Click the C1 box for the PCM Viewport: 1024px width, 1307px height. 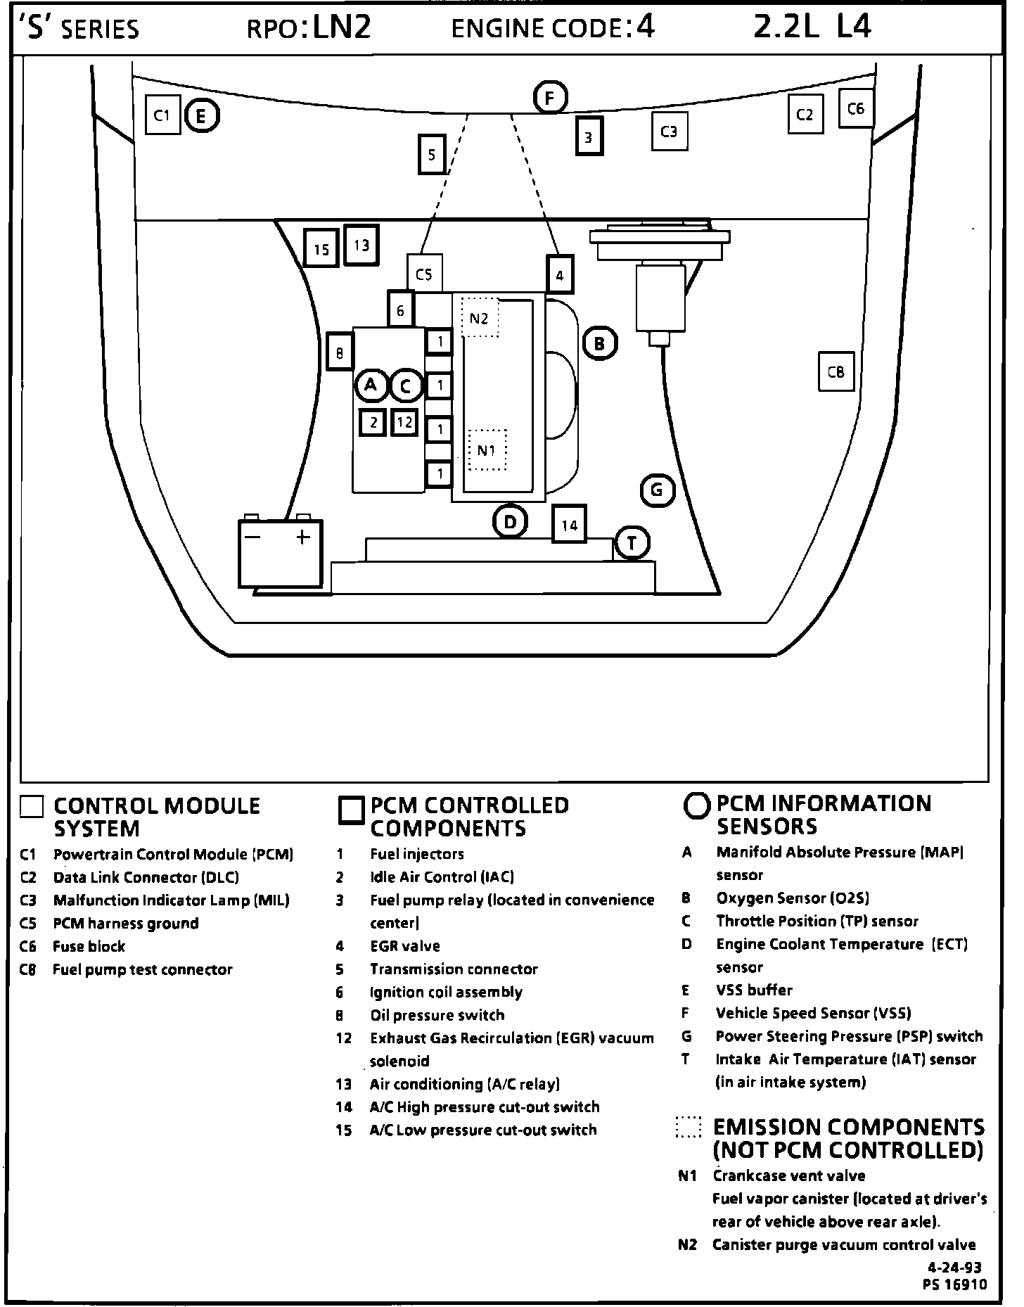162,115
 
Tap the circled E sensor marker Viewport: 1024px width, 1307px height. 202,116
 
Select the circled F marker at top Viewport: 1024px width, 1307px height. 551,98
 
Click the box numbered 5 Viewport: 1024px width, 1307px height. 431,154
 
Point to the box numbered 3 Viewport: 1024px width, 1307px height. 589,136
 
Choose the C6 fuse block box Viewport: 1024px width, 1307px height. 856,108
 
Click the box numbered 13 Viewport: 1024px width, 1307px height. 361,246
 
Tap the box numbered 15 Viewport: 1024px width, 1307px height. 321,249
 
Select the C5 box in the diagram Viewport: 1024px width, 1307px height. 424,274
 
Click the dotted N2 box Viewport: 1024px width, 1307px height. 480,318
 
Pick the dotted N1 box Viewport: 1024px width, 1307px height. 487,450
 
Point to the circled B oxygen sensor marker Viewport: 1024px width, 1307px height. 599,344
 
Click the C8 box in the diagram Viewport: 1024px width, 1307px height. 836,371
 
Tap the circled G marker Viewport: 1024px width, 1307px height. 658,490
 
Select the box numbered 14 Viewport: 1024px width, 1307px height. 570,525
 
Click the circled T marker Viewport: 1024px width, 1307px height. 632,543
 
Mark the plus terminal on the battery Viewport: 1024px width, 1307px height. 303,537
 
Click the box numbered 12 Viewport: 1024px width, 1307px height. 404,422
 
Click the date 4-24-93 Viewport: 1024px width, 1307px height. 954,1268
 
